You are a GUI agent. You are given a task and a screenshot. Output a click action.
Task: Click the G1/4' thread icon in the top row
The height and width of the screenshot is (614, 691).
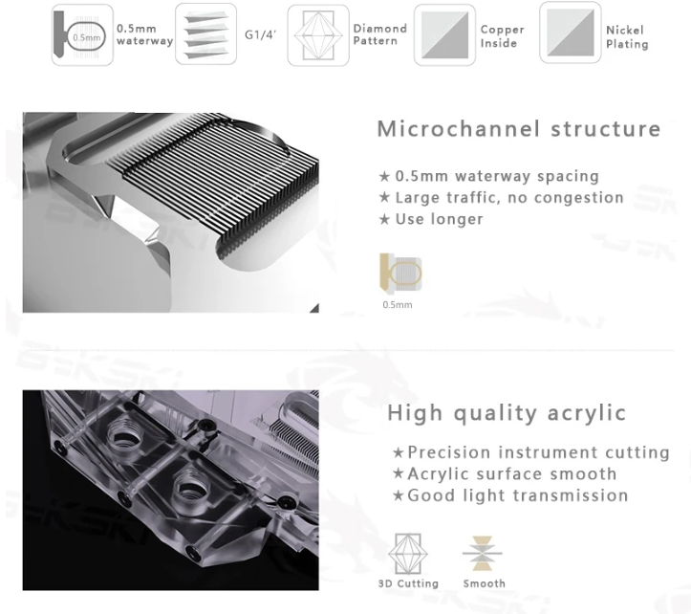[x=205, y=34]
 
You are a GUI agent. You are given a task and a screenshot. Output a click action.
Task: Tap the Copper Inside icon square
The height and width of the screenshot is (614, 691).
[x=444, y=34]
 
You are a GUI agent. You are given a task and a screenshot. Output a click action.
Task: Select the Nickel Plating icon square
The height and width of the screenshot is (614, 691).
[x=571, y=33]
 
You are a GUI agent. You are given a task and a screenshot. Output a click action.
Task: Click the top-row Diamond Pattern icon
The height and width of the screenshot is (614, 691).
[x=318, y=35]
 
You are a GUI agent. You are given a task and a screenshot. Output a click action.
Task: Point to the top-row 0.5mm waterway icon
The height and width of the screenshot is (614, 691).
[x=82, y=34]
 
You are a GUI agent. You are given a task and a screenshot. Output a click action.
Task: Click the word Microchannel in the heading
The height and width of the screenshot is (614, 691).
[x=459, y=129]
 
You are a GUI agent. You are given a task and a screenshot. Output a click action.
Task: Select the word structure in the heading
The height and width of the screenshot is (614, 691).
[x=606, y=129]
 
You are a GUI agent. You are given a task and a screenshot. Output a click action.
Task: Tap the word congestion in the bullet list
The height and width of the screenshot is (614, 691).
[x=578, y=198]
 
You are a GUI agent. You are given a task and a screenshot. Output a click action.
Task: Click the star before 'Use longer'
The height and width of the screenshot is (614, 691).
[x=384, y=219]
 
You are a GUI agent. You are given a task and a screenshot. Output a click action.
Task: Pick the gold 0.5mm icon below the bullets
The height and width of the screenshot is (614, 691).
[x=400, y=274]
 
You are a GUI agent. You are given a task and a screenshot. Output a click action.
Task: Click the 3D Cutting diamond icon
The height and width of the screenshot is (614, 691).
[x=408, y=554]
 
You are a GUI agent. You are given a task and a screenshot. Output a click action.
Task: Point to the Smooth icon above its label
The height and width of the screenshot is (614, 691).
[x=483, y=553]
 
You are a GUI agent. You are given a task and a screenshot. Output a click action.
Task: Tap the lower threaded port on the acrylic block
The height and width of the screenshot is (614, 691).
[x=191, y=489]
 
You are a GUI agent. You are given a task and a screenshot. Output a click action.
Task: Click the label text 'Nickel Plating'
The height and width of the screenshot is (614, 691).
[x=627, y=37]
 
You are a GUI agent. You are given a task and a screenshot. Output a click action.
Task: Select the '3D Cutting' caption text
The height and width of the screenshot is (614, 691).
[x=408, y=583]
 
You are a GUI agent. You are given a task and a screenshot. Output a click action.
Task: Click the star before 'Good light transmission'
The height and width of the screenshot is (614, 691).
[x=398, y=495]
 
